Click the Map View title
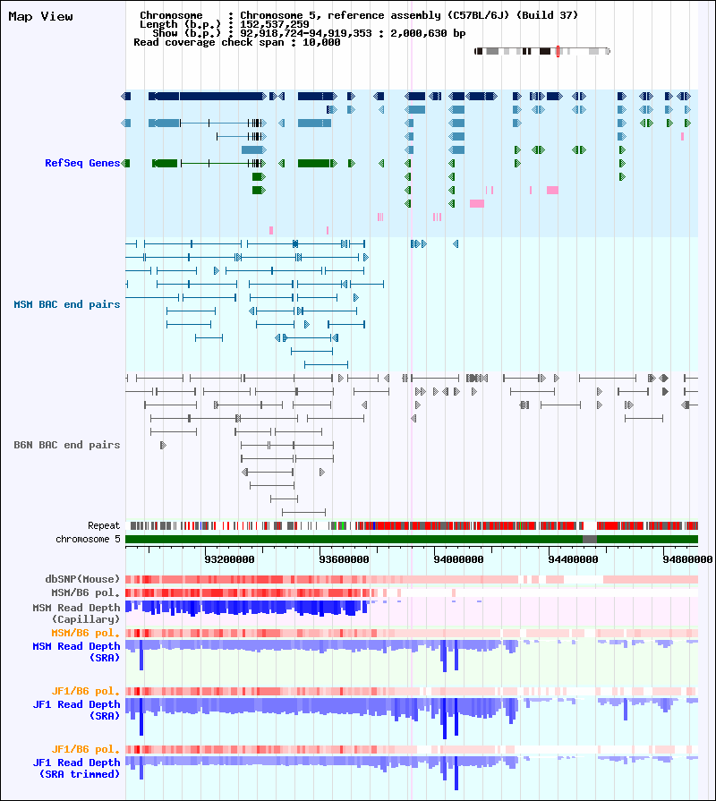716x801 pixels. (40, 16)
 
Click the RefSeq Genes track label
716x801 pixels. (82, 163)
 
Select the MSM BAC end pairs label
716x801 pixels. (66, 304)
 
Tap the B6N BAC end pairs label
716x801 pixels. (66, 445)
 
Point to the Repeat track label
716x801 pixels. (104, 525)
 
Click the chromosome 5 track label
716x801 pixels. (88, 539)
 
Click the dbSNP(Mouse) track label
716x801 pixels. (82, 579)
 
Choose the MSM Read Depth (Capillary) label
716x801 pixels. (76, 613)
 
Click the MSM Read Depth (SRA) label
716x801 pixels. (76, 651)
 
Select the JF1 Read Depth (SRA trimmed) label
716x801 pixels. (76, 768)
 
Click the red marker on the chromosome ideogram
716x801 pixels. (558, 52)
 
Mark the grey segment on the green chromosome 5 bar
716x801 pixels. (590, 539)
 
